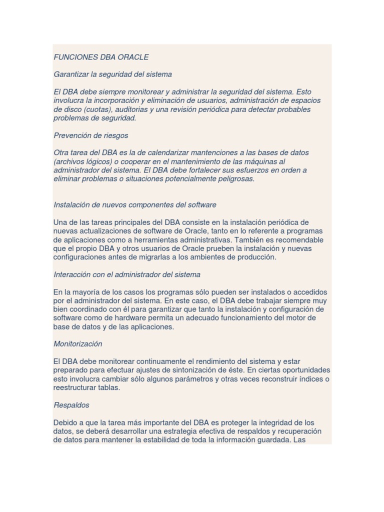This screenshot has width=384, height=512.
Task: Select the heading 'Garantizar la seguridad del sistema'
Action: [x=112, y=74]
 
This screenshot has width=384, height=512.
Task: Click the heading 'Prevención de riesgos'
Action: [x=90, y=135]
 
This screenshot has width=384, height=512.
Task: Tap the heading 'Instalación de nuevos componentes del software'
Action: [x=134, y=204]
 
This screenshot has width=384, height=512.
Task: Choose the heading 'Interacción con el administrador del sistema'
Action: [x=126, y=274]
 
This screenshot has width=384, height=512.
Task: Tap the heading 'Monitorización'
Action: [x=77, y=344]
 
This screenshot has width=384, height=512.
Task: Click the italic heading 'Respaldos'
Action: [x=71, y=405]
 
